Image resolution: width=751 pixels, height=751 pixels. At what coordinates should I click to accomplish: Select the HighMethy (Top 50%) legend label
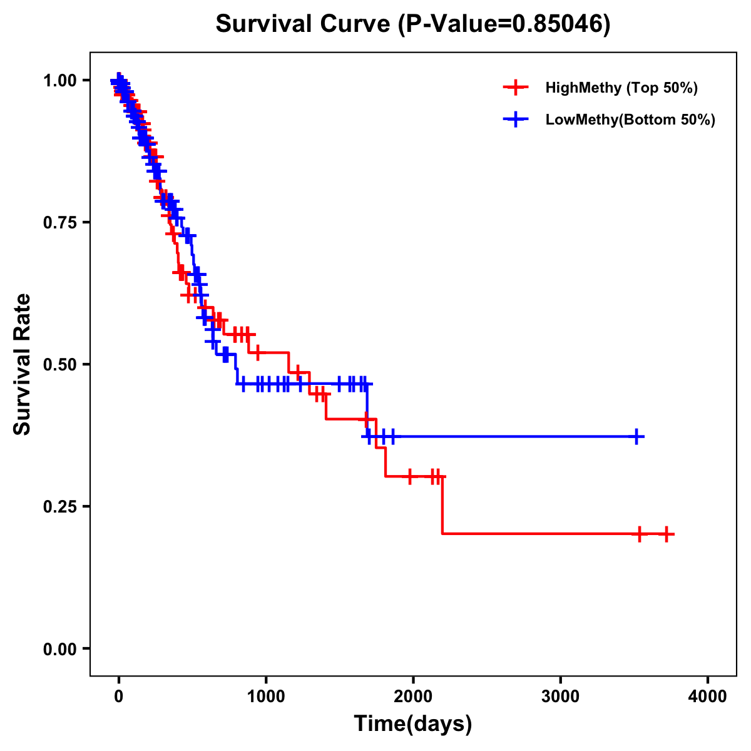tap(621, 88)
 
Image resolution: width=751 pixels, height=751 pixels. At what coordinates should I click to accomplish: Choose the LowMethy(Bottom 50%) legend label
tap(630, 120)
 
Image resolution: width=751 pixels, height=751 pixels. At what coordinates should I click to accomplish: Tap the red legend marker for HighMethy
tap(516, 88)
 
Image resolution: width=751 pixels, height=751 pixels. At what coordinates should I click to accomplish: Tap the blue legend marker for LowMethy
tap(516, 120)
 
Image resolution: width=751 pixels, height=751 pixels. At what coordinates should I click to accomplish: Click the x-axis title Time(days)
tap(413, 724)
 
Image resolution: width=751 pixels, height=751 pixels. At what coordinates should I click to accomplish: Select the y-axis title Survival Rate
tap(23, 364)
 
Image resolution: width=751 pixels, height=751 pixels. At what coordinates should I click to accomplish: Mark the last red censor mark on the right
tap(667, 534)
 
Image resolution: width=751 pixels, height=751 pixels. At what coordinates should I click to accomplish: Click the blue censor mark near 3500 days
tap(636, 436)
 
